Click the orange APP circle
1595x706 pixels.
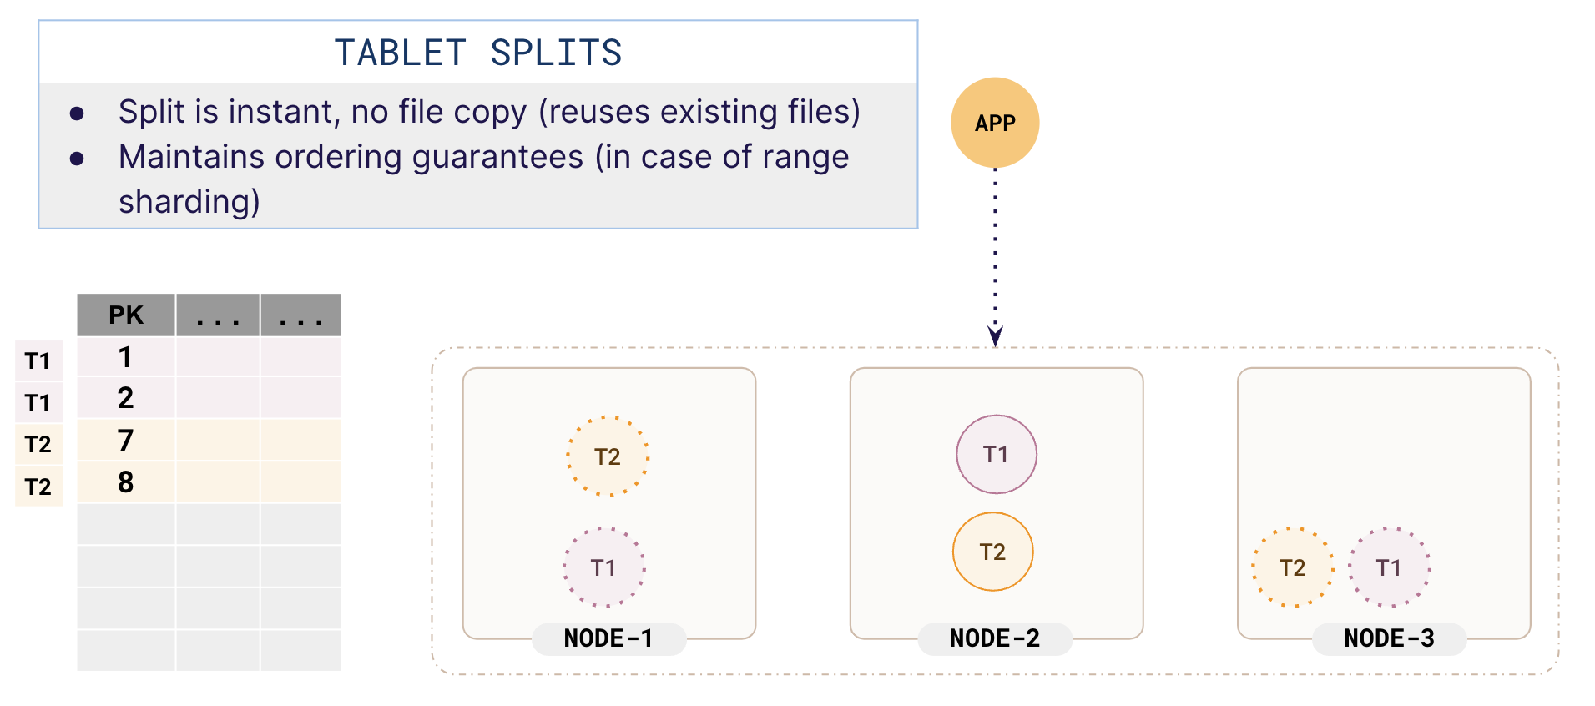(995, 123)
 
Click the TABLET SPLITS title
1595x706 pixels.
(477, 53)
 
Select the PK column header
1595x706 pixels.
(126, 315)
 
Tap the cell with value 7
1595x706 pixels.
(126, 440)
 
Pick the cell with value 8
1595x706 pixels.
(126, 482)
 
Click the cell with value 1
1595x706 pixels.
(126, 357)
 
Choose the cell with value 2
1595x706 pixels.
(126, 398)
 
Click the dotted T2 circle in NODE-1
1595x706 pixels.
(608, 456)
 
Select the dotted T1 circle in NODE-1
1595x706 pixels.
(603, 567)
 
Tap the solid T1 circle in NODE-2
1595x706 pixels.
(996, 454)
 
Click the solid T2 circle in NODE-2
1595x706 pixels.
(992, 552)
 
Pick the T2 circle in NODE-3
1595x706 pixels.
(1292, 567)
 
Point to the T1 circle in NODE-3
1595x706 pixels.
(1389, 567)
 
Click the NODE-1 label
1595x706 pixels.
(608, 638)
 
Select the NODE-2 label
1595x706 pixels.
(995, 638)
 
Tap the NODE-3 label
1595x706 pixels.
(1389, 638)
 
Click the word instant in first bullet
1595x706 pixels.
(281, 112)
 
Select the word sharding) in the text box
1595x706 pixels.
(189, 202)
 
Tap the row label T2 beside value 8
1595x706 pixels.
(38, 487)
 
